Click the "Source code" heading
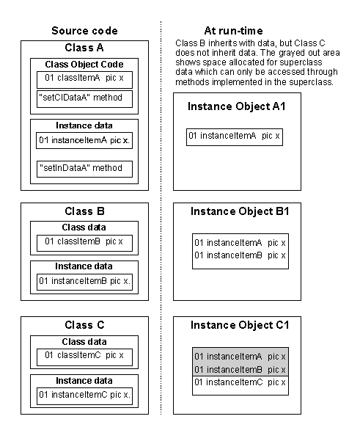tap(84, 31)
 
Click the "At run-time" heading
tap(233, 31)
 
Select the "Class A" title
tap(84, 48)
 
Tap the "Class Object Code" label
tap(84, 64)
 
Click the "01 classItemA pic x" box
tap(84, 80)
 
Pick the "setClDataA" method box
tap(84, 99)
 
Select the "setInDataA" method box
tap(84, 169)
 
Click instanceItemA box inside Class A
tap(84, 141)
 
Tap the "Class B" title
tap(84, 211)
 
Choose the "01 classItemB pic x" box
tap(84, 243)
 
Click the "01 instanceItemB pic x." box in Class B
tap(84, 282)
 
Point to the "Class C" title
tap(84, 325)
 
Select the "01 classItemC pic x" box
tap(84, 357)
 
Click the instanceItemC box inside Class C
tap(84, 396)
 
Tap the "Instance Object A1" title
tap(237, 106)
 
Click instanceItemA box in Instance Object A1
tap(235, 136)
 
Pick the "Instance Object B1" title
tap(240, 211)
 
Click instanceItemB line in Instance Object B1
tap(240, 255)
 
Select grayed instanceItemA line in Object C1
tap(240, 357)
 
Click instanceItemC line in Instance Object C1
tap(240, 382)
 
